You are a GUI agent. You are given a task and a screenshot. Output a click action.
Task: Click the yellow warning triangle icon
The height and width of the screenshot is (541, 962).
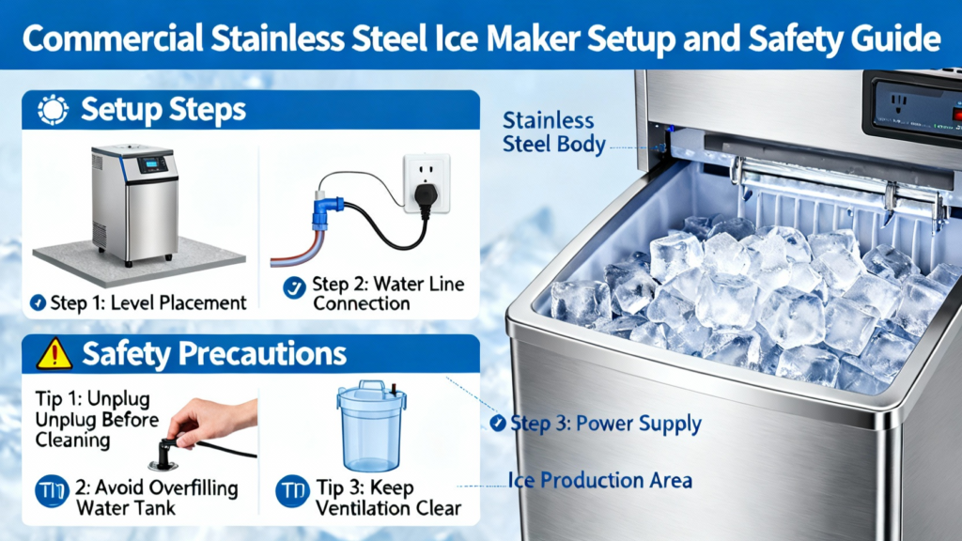(x=54, y=354)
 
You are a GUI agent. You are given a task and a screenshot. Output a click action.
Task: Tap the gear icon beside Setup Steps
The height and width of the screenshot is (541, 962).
(x=53, y=111)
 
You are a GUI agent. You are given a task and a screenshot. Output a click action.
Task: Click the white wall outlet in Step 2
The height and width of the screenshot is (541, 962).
(x=427, y=183)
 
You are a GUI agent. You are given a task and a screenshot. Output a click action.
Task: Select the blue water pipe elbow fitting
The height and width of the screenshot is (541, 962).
(x=325, y=211)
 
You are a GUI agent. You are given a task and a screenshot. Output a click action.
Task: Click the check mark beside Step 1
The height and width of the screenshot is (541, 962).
(x=38, y=302)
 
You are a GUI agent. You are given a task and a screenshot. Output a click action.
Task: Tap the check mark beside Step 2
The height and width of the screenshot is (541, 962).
(x=294, y=287)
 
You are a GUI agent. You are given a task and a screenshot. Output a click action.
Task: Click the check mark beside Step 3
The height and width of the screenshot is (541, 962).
(x=498, y=423)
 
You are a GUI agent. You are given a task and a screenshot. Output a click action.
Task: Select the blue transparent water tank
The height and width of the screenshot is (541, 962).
(x=371, y=426)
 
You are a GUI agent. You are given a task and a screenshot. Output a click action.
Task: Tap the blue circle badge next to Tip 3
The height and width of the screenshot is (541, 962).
(x=293, y=490)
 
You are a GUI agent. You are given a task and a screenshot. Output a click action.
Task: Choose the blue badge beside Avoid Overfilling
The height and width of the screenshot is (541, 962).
(x=53, y=490)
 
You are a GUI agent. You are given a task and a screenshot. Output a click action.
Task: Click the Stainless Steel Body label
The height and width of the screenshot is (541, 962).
(x=553, y=131)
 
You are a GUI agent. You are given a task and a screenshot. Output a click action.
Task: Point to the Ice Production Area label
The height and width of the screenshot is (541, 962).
(x=600, y=480)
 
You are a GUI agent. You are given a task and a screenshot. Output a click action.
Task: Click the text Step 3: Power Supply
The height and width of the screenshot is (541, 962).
(x=606, y=424)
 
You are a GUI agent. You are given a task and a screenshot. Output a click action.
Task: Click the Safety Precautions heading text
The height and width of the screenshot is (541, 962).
(x=214, y=354)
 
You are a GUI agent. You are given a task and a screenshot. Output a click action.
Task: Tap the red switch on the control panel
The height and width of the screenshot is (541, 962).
(x=956, y=114)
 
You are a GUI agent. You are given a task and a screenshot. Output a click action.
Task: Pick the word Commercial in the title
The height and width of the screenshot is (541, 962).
(x=113, y=38)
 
